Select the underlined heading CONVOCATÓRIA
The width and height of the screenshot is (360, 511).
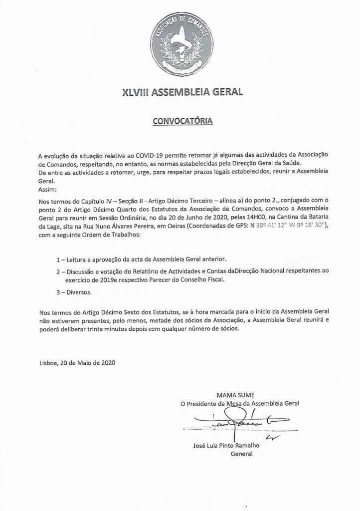(x=180, y=121)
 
